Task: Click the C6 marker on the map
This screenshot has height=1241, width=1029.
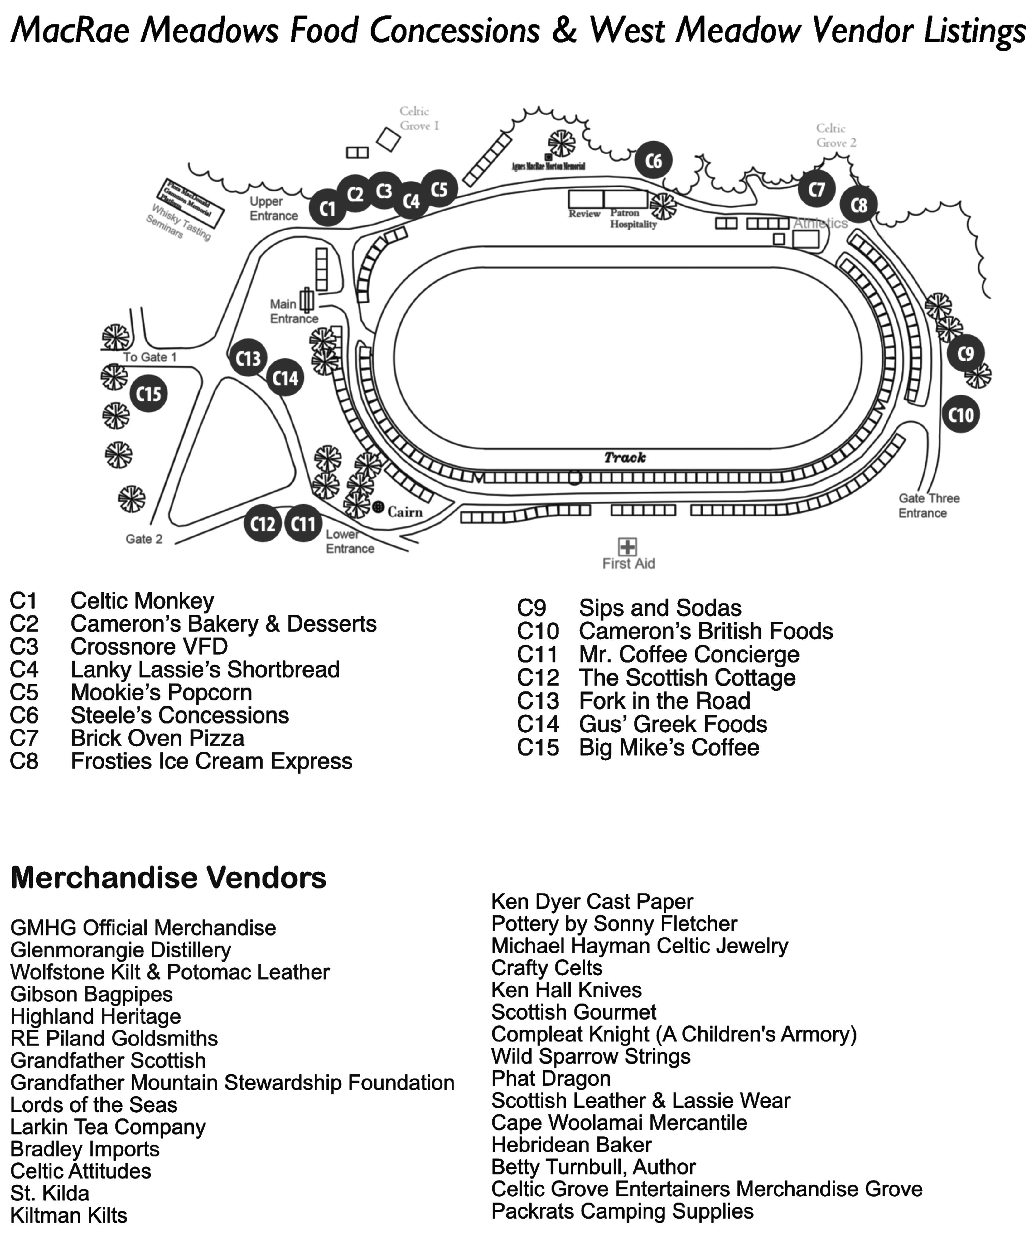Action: click(653, 160)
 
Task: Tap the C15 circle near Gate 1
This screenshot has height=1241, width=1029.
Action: click(148, 394)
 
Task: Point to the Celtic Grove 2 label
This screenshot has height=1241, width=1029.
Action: click(835, 135)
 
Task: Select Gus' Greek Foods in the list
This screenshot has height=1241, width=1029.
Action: click(673, 724)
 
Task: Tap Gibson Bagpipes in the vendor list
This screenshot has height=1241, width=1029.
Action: click(92, 994)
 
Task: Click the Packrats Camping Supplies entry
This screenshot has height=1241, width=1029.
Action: click(622, 1211)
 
